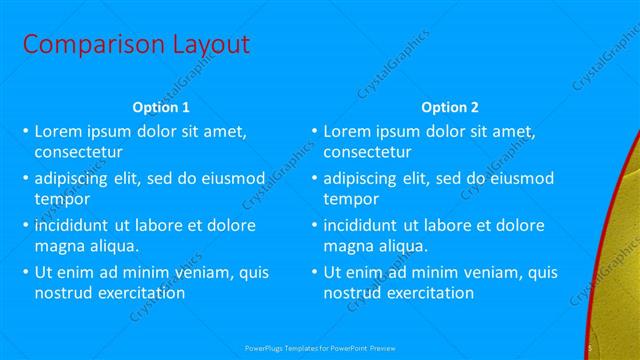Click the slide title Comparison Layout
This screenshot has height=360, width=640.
click(136, 45)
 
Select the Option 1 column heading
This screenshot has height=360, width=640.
click(161, 107)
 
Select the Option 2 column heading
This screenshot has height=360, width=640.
click(449, 107)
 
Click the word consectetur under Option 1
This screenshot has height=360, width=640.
click(78, 153)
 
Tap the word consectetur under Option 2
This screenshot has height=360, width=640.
click(367, 153)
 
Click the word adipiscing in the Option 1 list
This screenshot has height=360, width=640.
click(73, 178)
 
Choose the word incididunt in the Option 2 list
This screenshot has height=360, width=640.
click(363, 225)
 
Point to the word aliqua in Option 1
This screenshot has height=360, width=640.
click(110, 246)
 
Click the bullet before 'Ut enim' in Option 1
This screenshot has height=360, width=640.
click(25, 272)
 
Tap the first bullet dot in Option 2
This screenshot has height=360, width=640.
click(314, 131)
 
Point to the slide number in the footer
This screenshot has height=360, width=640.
click(591, 347)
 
